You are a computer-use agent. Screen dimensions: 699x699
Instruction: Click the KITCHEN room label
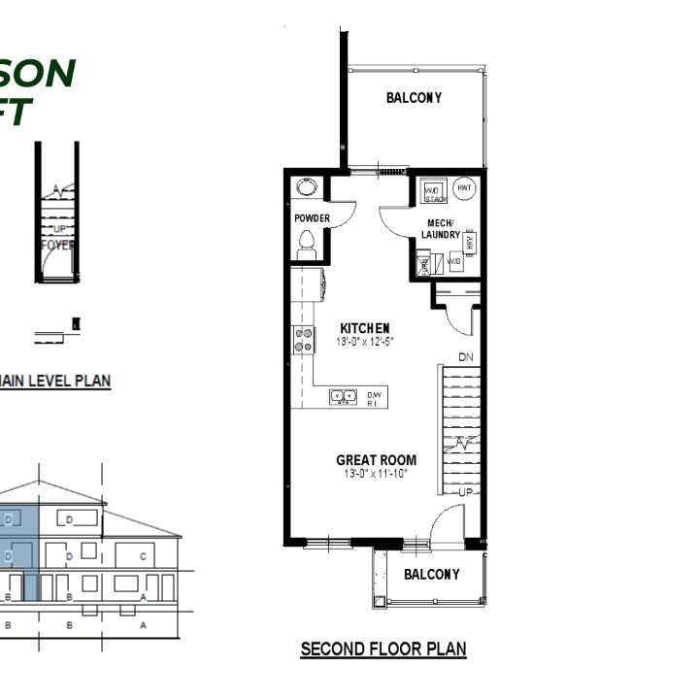[x=364, y=328]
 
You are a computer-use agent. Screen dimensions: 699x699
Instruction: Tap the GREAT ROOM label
[x=376, y=460]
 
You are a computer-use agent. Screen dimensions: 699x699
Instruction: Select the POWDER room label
[x=312, y=218]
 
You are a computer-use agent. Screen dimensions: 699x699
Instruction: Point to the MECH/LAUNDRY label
[x=446, y=229]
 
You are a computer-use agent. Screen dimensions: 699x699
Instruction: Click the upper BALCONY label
[x=414, y=98]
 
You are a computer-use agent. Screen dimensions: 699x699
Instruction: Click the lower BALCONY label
[x=431, y=575]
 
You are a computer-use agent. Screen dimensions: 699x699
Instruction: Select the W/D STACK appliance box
[x=434, y=192]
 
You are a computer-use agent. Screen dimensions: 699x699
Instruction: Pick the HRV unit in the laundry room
[x=471, y=243]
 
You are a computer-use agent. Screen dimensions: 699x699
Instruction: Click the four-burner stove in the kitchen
[x=304, y=340]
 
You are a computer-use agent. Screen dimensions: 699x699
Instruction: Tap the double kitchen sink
[x=343, y=396]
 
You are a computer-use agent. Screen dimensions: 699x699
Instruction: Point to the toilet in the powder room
[x=308, y=243]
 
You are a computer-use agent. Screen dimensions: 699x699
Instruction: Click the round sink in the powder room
[x=308, y=188]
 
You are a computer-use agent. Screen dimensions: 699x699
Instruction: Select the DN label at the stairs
[x=466, y=357]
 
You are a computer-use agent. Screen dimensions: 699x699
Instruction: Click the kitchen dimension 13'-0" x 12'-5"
[x=364, y=342]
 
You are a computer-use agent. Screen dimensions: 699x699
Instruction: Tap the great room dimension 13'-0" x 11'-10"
[x=375, y=475]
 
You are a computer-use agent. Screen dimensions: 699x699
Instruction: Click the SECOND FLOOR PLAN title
[x=383, y=649]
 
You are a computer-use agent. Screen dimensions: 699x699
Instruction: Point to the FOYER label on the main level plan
[x=57, y=246]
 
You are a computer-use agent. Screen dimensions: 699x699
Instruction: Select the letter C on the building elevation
[x=143, y=556]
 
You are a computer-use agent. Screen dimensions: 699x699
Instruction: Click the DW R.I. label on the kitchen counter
[x=374, y=397]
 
